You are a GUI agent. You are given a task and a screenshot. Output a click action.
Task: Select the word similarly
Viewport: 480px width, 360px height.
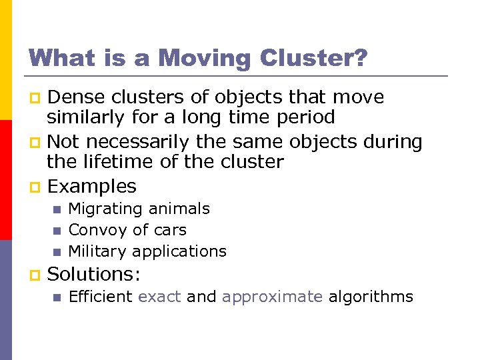(x=87, y=117)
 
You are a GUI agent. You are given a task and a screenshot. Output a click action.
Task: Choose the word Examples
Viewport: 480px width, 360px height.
(x=92, y=186)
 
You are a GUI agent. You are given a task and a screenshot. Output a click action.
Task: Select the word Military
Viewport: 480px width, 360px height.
(x=98, y=251)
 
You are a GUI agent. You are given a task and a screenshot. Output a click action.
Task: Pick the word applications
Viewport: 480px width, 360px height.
(x=179, y=252)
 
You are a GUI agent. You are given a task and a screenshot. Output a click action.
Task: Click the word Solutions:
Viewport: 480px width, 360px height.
(x=93, y=273)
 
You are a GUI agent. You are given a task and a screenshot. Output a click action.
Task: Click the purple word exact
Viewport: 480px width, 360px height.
(x=159, y=297)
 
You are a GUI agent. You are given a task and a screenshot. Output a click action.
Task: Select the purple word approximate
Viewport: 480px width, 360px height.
(x=272, y=297)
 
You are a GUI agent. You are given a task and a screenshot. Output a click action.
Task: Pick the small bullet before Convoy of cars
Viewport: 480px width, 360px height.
(x=57, y=231)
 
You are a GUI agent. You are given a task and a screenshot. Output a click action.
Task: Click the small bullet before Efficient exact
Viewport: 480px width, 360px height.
(x=57, y=297)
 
